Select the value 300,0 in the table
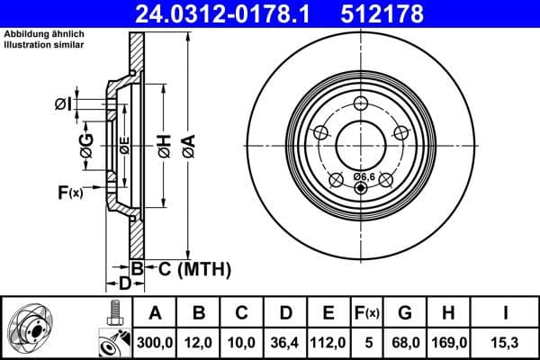[x=155, y=343]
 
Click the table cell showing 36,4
[x=285, y=343]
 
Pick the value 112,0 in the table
[x=328, y=343]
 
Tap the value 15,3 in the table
[x=507, y=343]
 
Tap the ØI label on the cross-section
[x=62, y=104]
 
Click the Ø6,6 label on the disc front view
[x=364, y=176]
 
